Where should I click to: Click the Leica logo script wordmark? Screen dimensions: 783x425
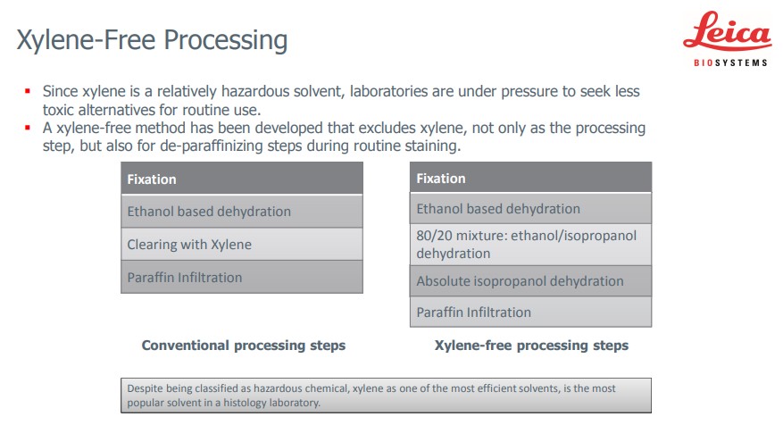727,32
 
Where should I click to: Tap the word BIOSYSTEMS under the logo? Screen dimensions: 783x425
730,62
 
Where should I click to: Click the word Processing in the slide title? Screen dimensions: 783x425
225,40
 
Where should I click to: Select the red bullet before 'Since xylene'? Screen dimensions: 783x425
28,91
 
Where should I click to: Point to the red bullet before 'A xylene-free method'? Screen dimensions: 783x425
28,128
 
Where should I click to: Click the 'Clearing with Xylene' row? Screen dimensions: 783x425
242,245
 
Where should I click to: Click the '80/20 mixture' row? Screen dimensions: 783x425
531,245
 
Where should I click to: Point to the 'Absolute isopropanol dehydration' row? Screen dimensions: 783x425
531,281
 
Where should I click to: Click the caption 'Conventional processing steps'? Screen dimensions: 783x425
244,346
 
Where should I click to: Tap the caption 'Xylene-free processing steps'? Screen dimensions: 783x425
531,346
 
